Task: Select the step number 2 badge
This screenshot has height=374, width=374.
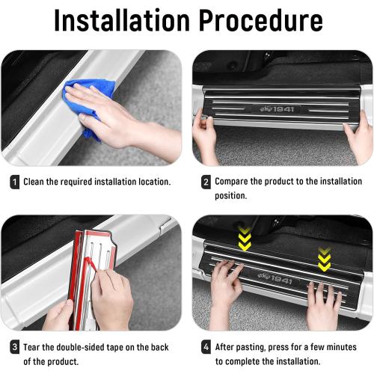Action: pos(205,182)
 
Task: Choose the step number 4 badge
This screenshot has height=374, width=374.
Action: pos(205,347)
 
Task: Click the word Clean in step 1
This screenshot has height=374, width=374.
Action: pos(36,182)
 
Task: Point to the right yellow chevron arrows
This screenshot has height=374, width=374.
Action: pos(324,258)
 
